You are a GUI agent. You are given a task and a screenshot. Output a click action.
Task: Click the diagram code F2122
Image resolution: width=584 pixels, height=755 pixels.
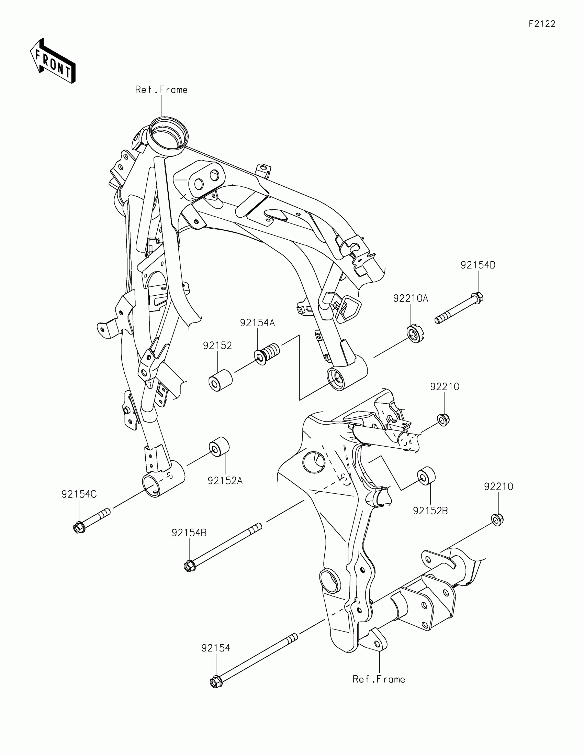click(x=542, y=24)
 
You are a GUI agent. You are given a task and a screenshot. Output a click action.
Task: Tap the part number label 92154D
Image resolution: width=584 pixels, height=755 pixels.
click(x=478, y=265)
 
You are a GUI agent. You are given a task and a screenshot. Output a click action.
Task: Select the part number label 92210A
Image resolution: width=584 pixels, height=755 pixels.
click(x=410, y=298)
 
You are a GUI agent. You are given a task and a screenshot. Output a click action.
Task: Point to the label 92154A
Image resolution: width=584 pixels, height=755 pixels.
click(x=257, y=323)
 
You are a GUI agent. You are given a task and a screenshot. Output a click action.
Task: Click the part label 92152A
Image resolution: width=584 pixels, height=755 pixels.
click(x=225, y=481)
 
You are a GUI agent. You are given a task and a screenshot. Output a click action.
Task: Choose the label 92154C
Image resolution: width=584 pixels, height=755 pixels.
click(x=79, y=494)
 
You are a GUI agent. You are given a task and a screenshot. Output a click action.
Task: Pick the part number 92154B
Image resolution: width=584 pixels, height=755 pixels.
click(x=189, y=533)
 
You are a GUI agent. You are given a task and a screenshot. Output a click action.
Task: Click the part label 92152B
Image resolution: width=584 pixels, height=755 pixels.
click(x=430, y=511)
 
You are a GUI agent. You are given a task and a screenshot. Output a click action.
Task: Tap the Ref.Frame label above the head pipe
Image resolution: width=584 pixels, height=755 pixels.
click(x=161, y=90)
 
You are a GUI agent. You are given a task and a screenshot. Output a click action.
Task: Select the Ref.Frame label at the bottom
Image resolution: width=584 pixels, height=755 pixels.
click(x=379, y=679)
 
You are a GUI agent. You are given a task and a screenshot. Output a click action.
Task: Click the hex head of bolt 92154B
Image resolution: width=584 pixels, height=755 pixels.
click(x=189, y=566)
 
